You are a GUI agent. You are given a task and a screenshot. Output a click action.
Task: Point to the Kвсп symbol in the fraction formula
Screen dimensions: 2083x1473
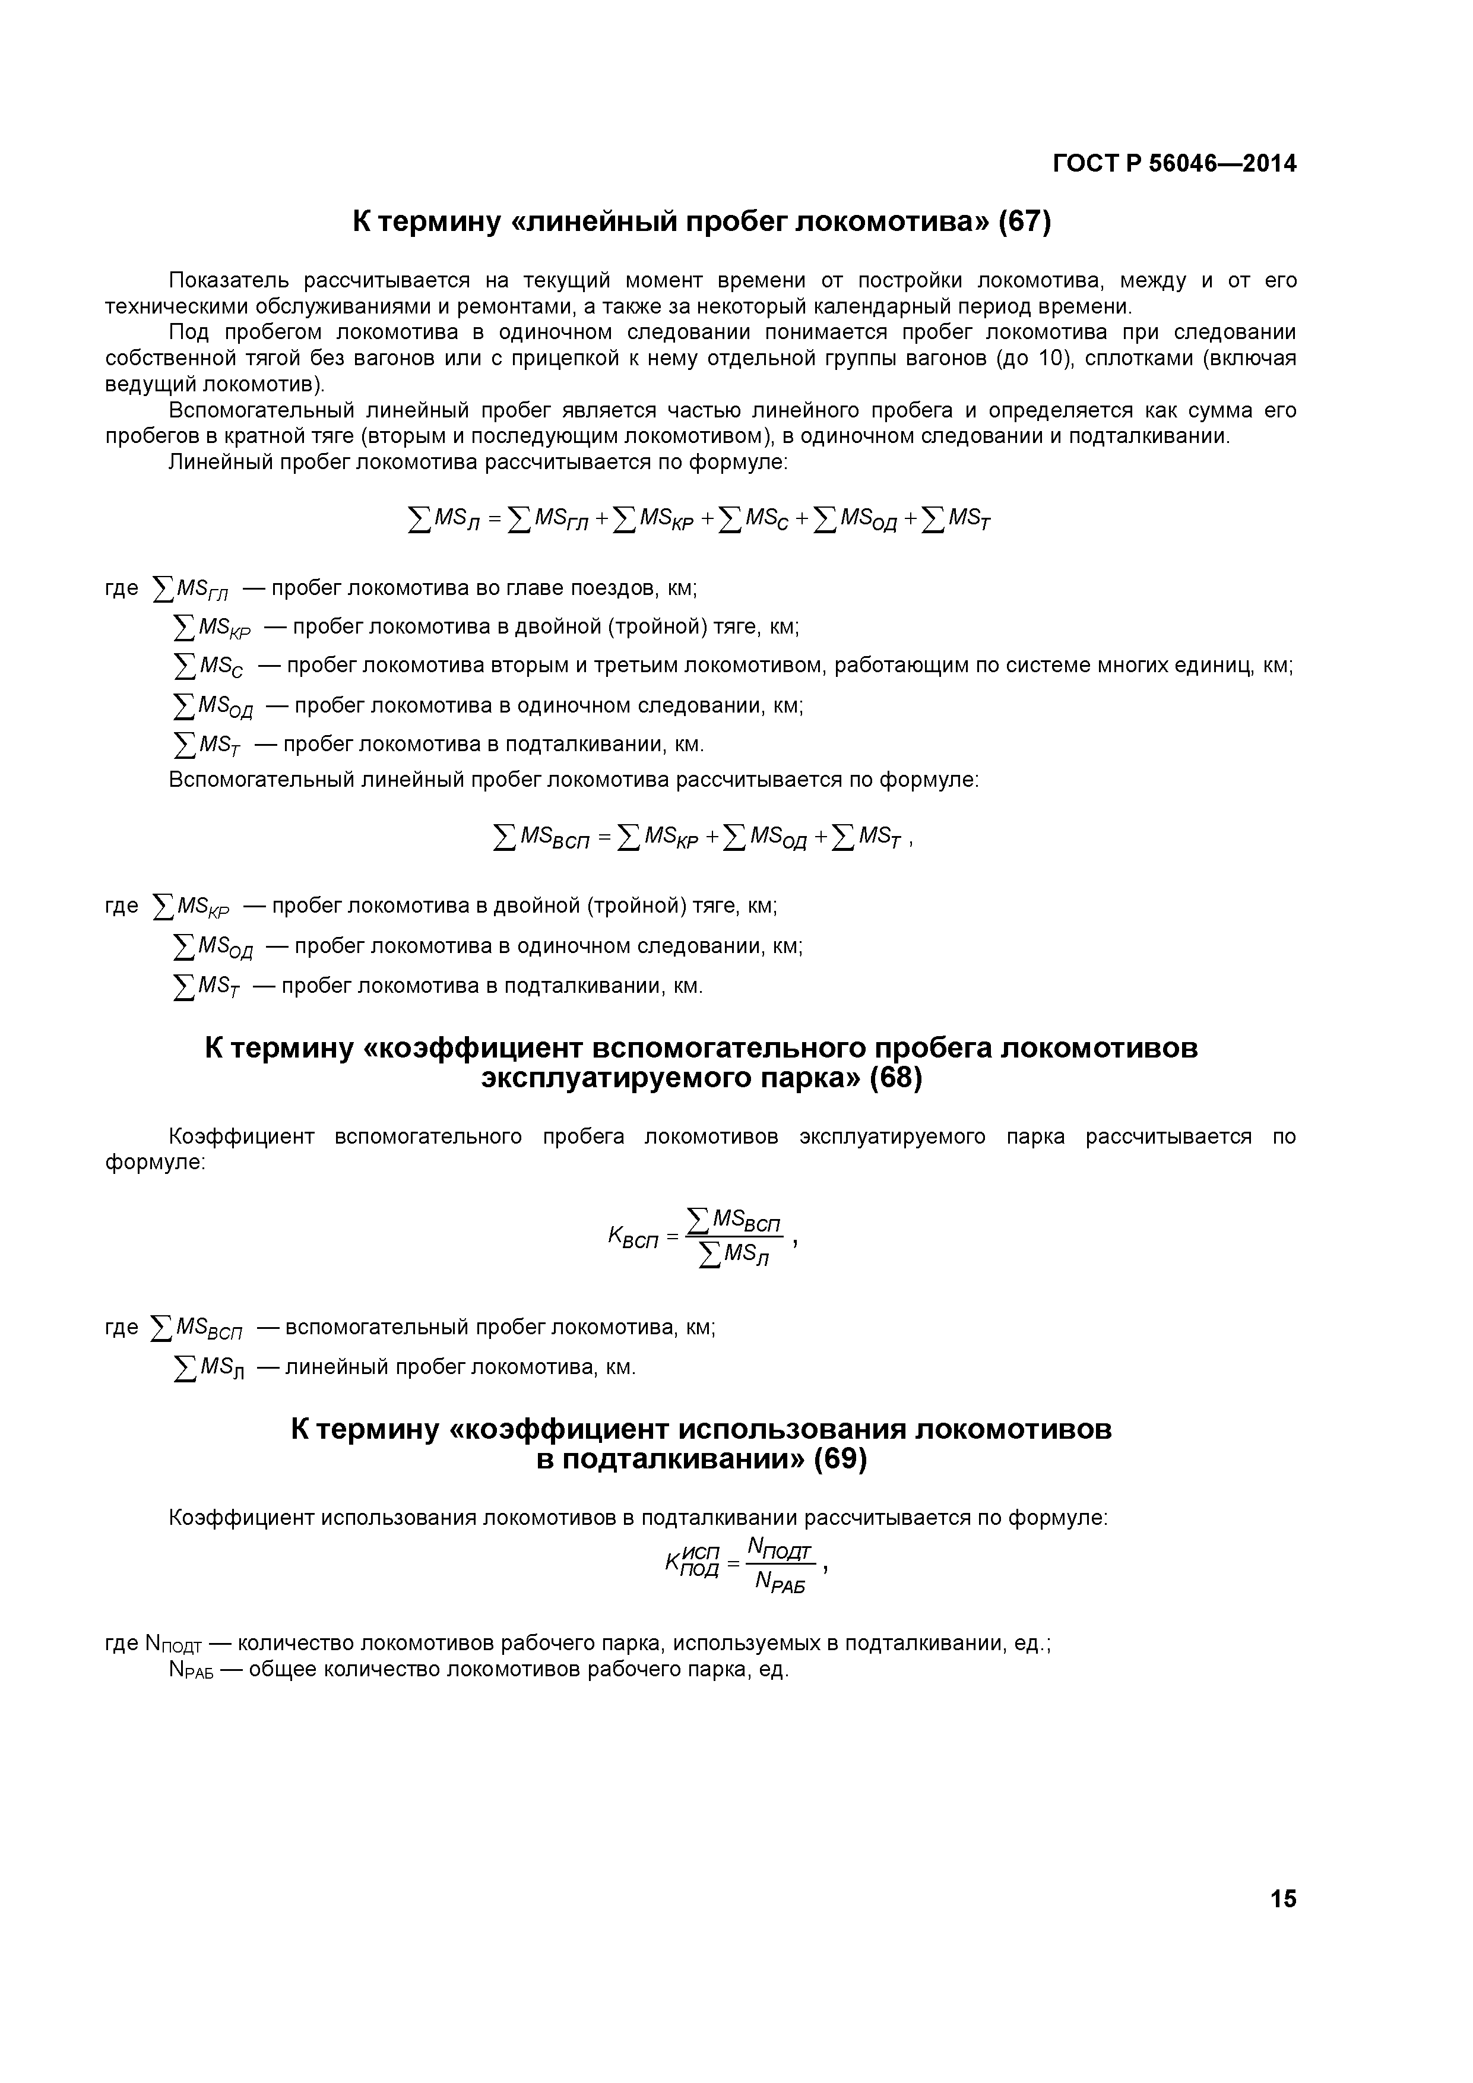pos(632,1237)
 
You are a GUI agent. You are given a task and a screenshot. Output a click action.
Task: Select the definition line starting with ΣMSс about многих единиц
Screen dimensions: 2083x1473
pos(731,666)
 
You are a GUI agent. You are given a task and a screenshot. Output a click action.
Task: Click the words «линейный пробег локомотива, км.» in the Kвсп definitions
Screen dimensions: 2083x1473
pos(461,1367)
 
